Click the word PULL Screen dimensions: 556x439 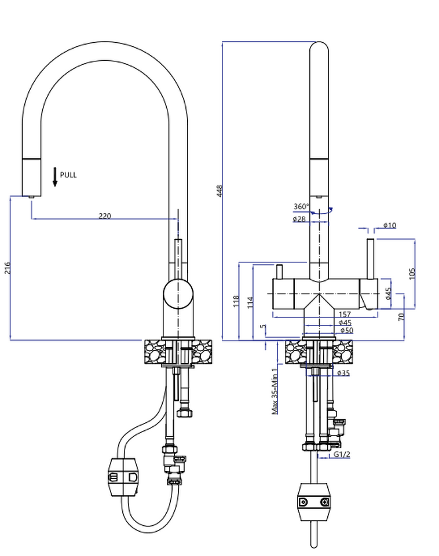click(68, 175)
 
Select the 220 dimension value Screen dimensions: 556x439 click(104, 216)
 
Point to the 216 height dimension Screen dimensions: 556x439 click(7, 268)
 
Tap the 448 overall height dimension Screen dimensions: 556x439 click(219, 191)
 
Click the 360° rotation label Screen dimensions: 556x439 click(301, 207)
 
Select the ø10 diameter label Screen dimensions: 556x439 click(389, 225)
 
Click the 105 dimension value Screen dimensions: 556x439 click(412, 273)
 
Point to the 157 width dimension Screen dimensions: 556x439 click(345, 314)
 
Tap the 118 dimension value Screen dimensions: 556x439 click(236, 301)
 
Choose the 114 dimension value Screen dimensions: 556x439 click(250, 301)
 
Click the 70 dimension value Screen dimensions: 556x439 click(401, 317)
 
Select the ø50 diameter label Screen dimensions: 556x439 click(346, 330)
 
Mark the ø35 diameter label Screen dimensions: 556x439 click(343, 373)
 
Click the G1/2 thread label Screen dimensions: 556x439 click(342, 455)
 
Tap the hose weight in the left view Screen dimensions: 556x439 click(123, 477)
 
